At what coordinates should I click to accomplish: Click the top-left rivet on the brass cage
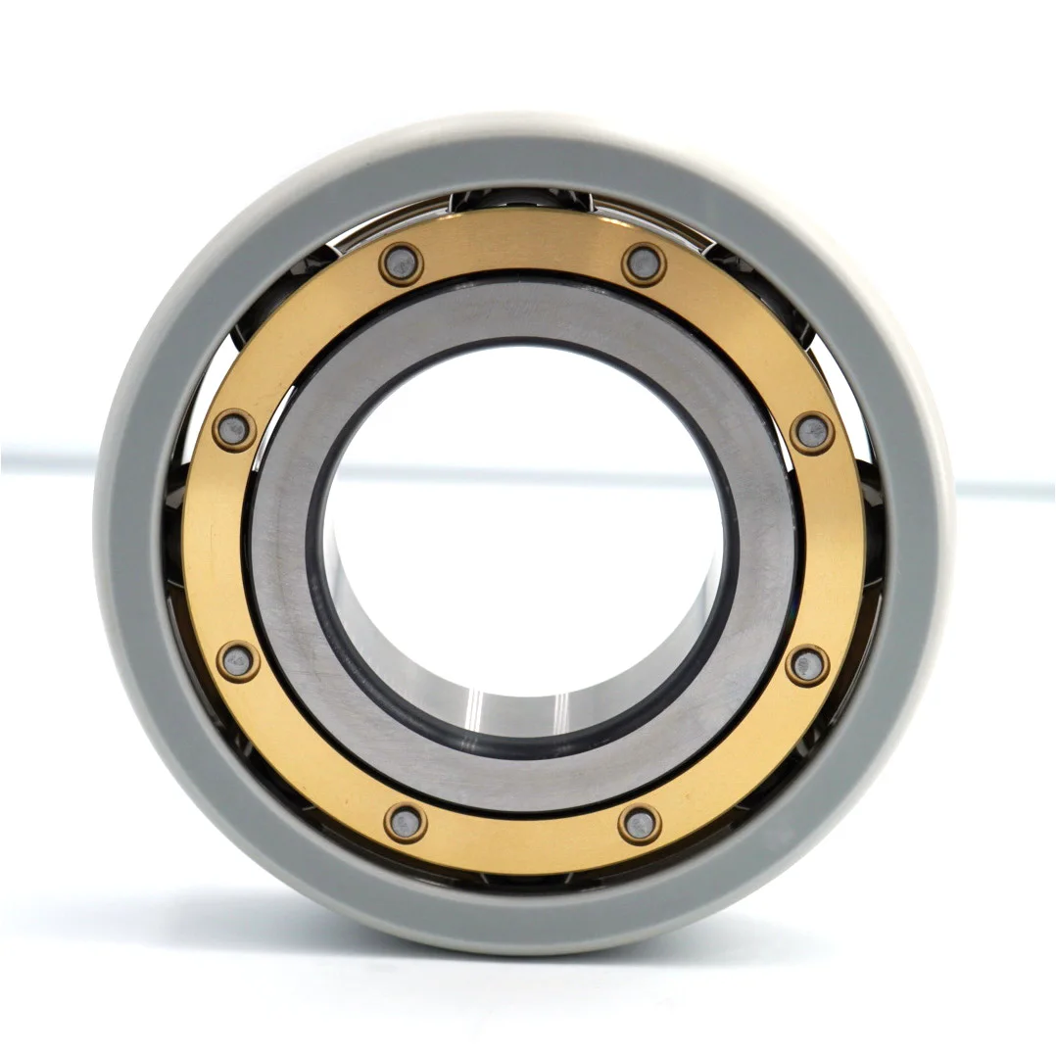[x=401, y=264]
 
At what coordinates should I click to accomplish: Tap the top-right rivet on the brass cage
[x=644, y=264]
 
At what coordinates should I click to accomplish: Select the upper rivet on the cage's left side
[x=234, y=430]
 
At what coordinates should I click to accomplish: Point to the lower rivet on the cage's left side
[x=237, y=661]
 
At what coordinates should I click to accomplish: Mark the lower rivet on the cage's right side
[x=807, y=665]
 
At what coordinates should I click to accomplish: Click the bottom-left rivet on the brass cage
[x=405, y=822]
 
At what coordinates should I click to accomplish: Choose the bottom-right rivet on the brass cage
[x=639, y=823]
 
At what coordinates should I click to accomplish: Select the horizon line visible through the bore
[x=524, y=474]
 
